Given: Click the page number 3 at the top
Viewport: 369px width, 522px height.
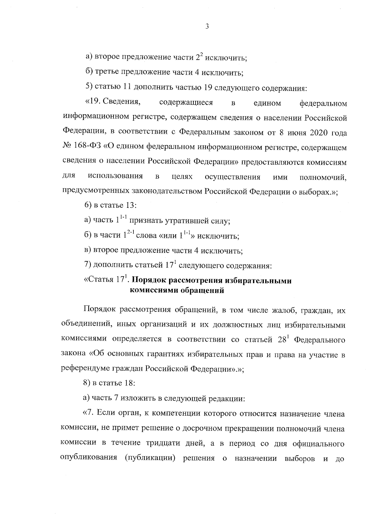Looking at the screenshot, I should pyautogui.click(x=207, y=27).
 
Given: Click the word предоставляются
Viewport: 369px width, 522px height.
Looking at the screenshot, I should pyautogui.click(x=276, y=162).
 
